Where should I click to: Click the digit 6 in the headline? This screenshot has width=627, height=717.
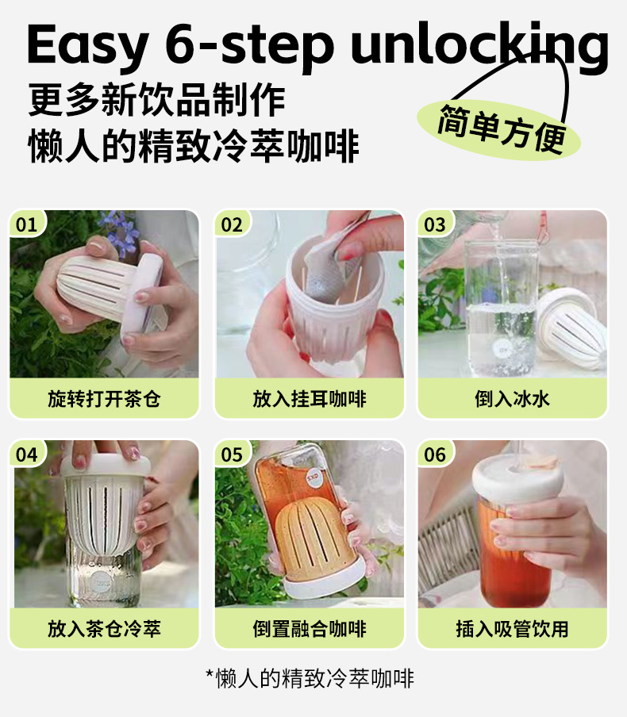pyautogui.click(x=180, y=44)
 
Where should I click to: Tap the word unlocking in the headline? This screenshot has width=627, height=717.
pyautogui.click(x=479, y=47)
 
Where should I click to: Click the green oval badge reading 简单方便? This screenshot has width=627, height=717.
pyautogui.click(x=499, y=129)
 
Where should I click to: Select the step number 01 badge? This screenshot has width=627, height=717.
pyautogui.click(x=26, y=224)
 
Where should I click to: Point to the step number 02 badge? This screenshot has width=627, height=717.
pyautogui.click(x=232, y=224)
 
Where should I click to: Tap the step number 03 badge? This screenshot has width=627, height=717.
pyautogui.click(x=434, y=224)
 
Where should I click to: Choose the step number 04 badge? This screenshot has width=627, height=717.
pyautogui.click(x=26, y=454)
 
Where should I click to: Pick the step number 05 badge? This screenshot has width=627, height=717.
pyautogui.click(x=232, y=454)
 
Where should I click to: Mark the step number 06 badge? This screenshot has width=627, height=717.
pyautogui.click(x=434, y=454)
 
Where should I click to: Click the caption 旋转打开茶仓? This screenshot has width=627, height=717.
pyautogui.click(x=104, y=399)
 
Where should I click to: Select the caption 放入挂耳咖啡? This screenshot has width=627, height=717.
pyautogui.click(x=310, y=399)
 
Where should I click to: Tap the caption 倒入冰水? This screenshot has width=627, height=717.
pyautogui.click(x=512, y=399)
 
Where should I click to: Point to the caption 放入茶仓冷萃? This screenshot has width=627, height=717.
pyautogui.click(x=104, y=629)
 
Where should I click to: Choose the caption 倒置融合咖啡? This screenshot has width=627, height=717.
pyautogui.click(x=310, y=629)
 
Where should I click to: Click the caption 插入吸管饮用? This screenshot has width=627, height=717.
pyautogui.click(x=512, y=629)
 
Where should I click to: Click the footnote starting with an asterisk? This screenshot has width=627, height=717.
pyautogui.click(x=310, y=678)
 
